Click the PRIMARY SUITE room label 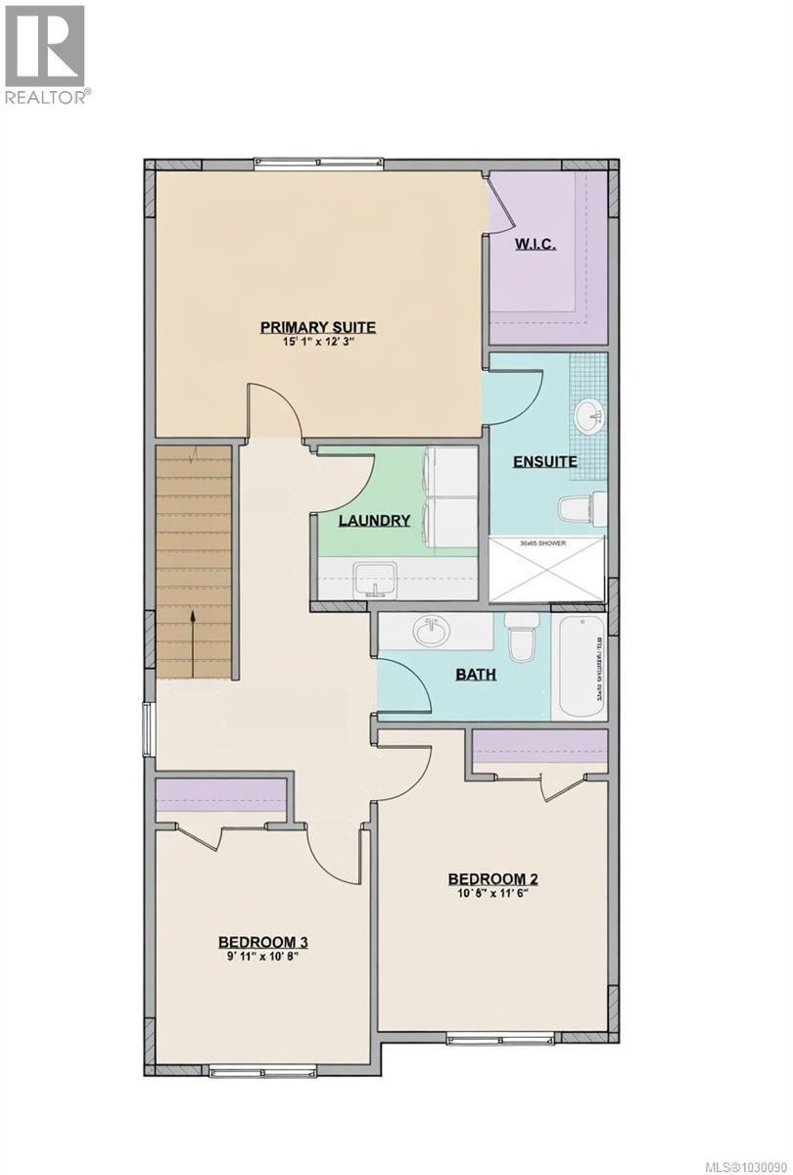317,327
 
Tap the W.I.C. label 536,244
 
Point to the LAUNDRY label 374,520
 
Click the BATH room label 475,674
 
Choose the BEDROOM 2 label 493,878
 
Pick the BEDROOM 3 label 263,942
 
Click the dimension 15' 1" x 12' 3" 317,343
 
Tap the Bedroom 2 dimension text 493,894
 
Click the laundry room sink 375,577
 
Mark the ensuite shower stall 547,569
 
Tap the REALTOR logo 46,54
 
